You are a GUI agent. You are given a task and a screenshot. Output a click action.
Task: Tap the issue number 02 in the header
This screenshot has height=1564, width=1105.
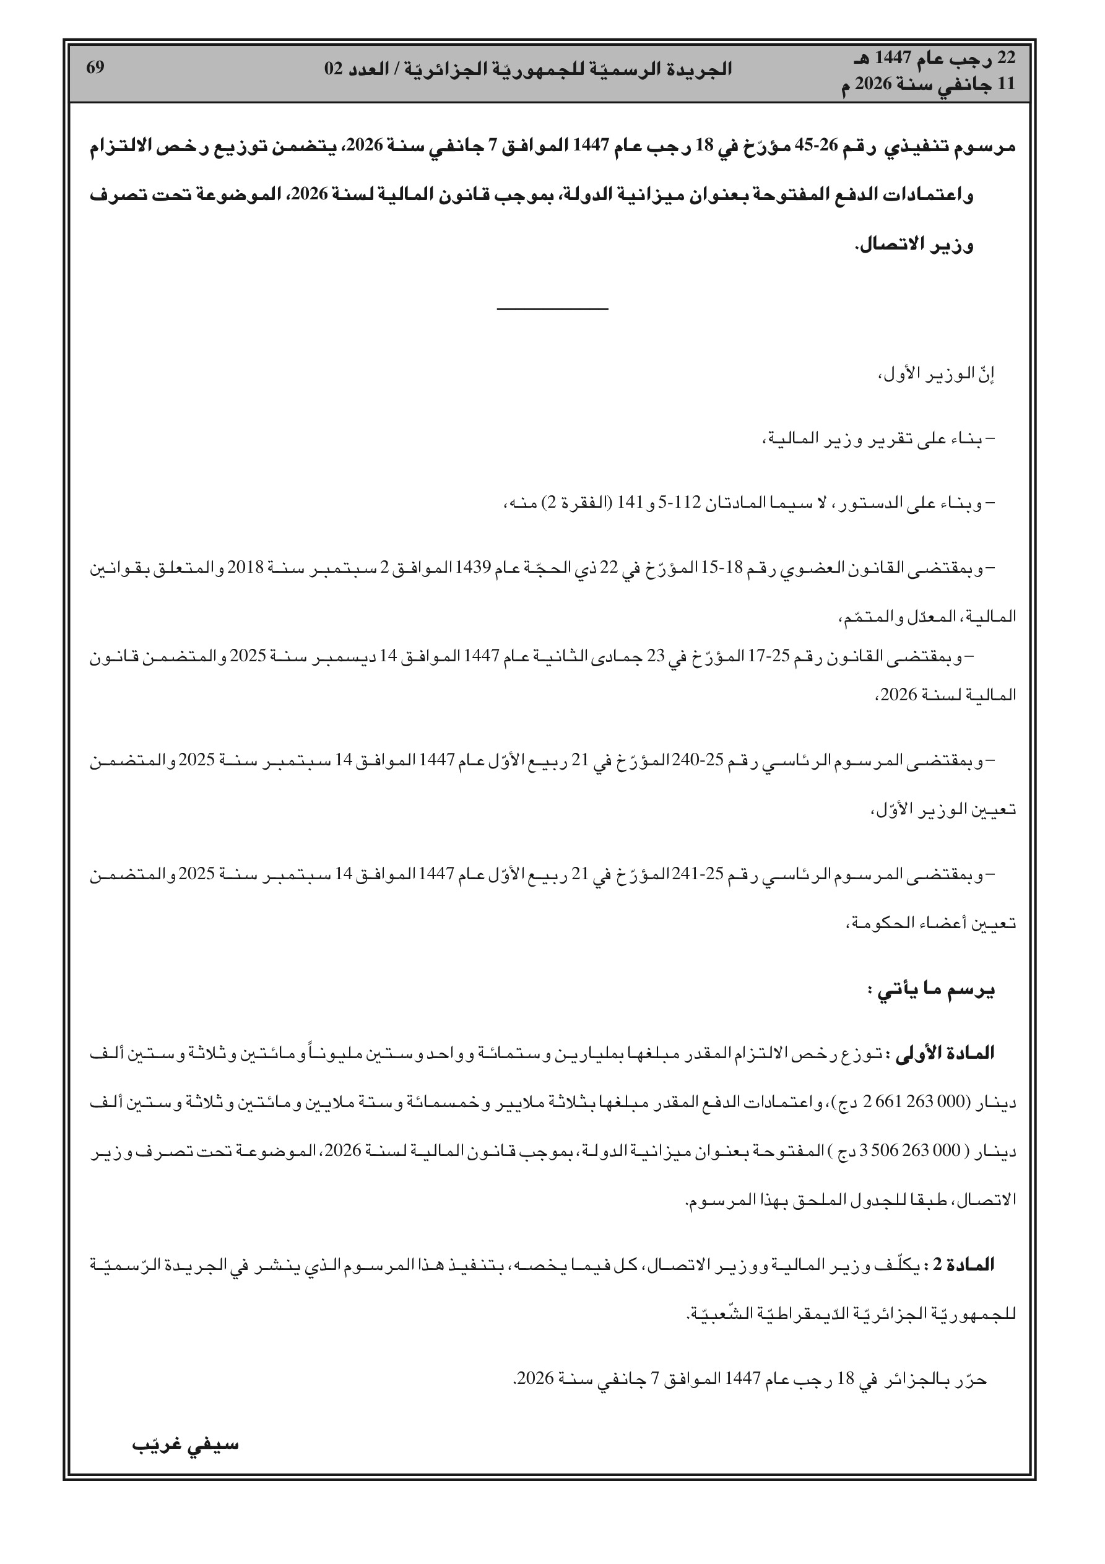333,69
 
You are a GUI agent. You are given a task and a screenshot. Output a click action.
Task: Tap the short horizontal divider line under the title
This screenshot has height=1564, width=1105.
552,311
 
